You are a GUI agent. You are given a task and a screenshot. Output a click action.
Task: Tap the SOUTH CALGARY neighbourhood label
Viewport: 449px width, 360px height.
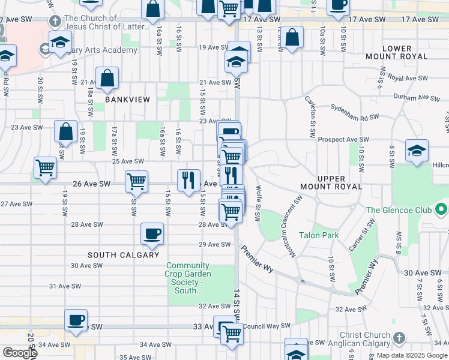(x=119, y=254)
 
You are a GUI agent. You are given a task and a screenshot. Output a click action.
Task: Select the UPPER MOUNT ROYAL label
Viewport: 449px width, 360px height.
(x=340, y=182)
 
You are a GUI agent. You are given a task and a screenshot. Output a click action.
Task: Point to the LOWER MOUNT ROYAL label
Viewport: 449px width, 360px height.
(x=397, y=52)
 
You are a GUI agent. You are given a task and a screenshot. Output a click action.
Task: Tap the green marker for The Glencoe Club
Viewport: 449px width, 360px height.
(x=442, y=210)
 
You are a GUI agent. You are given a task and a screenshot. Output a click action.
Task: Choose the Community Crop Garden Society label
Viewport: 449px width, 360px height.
(x=188, y=278)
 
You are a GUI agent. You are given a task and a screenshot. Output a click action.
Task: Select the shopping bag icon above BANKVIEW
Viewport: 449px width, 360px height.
(x=107, y=78)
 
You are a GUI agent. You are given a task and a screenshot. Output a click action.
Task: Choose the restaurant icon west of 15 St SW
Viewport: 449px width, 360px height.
(x=188, y=181)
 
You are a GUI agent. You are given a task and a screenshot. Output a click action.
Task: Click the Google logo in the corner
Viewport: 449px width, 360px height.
(x=19, y=353)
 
